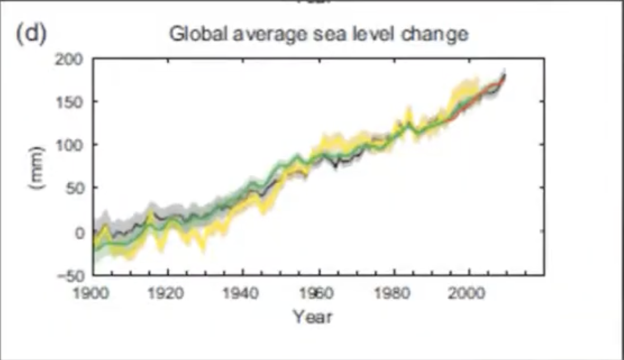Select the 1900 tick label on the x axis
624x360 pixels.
point(92,293)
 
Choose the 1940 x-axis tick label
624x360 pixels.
point(243,293)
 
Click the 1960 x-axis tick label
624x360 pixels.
point(318,293)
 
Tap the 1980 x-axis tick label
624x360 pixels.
point(394,293)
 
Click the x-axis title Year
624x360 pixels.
point(313,317)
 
